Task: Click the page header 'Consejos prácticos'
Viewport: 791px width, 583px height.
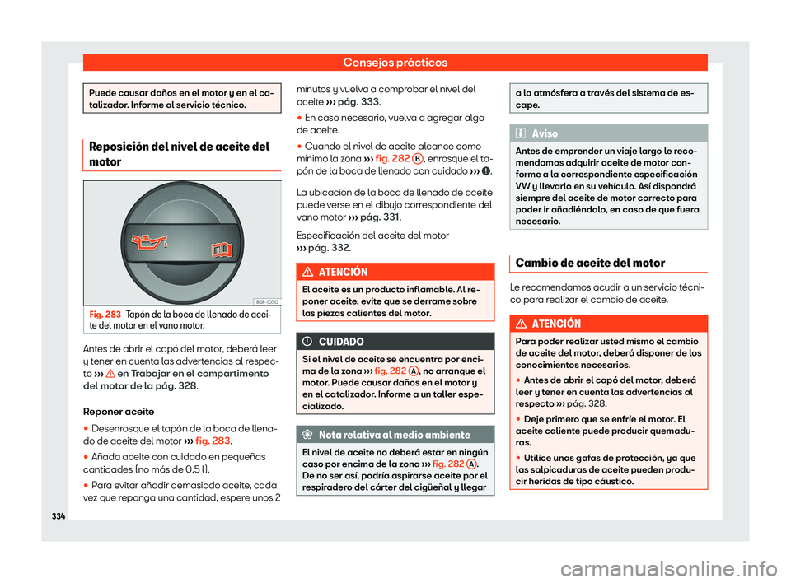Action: (395, 63)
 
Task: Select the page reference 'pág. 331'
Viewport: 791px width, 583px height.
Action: (377, 217)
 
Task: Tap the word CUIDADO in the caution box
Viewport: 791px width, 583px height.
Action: (339, 342)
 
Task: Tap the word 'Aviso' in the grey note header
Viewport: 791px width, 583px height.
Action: (545, 133)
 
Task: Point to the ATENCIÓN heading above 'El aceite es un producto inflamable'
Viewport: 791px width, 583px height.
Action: (344, 272)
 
